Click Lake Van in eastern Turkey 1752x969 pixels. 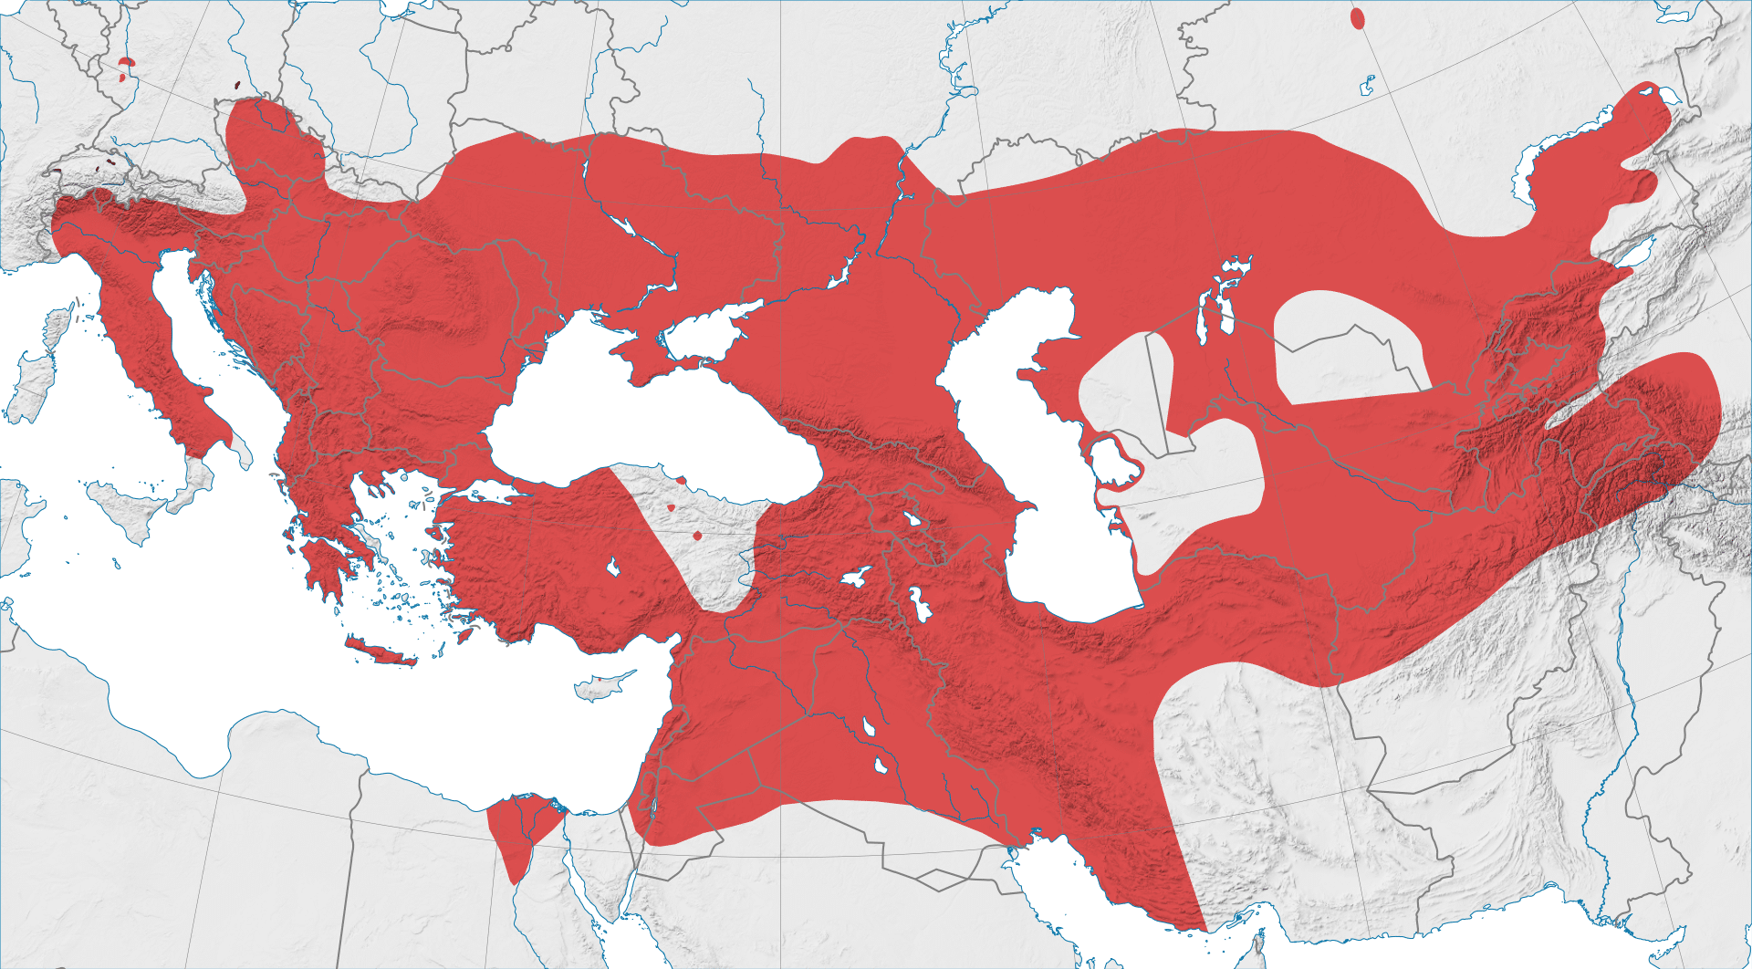[x=855, y=577]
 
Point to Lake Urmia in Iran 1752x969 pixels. [x=918, y=604]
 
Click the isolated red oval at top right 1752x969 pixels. [x=1358, y=18]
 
